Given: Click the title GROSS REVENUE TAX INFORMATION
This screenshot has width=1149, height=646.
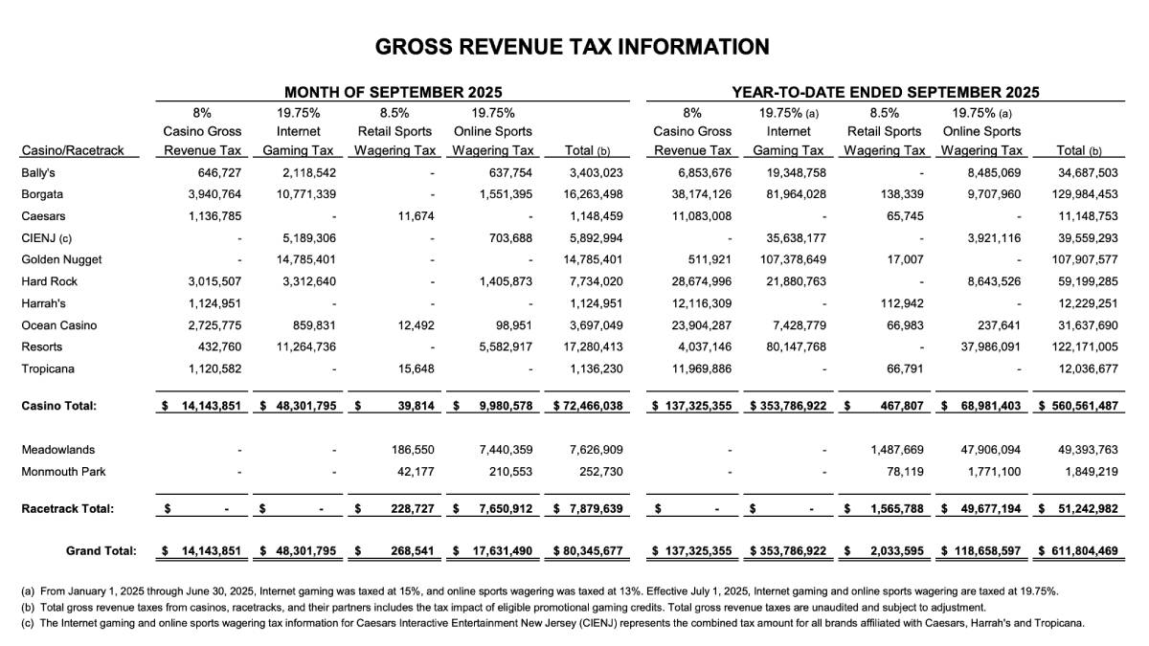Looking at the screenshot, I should [x=572, y=47].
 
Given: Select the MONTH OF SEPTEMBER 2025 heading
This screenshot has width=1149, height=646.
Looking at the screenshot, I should [x=393, y=93].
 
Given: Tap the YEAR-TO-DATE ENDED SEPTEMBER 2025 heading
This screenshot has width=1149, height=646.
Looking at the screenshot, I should [x=886, y=93].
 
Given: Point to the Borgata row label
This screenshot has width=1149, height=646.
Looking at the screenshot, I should [x=43, y=194].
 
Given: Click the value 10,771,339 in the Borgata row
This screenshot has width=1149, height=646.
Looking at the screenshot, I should [x=304, y=194].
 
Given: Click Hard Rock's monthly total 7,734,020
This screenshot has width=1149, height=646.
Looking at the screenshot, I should [x=596, y=281].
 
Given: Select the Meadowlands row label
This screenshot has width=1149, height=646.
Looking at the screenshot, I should [x=57, y=449].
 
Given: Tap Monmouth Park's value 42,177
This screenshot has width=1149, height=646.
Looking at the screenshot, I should [x=413, y=471].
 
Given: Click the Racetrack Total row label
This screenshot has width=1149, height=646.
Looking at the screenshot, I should [x=67, y=508].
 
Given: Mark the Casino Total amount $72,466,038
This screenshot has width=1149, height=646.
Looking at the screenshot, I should [x=589, y=406].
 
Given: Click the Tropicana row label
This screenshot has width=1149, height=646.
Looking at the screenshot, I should [x=47, y=368].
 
